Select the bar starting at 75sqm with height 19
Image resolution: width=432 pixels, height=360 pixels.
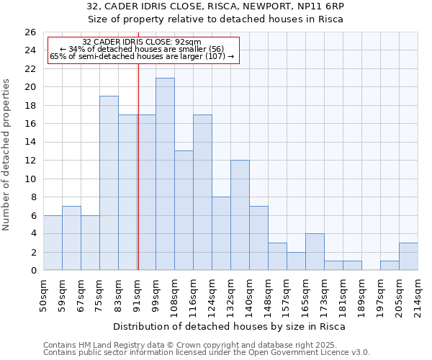pyautogui.click(x=109, y=183)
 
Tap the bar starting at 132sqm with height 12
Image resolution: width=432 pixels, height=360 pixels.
pyautogui.click(x=240, y=215)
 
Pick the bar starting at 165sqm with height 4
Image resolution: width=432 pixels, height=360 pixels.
pyautogui.click(x=315, y=252)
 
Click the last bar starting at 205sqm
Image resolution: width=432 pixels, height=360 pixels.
pyautogui.click(x=408, y=256)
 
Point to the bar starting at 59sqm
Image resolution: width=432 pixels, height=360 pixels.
pyautogui.click(x=71, y=238)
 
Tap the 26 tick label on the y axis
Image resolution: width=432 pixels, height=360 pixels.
pyautogui.click(x=30, y=32)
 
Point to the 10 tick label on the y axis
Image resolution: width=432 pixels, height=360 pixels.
pyautogui.click(x=30, y=179)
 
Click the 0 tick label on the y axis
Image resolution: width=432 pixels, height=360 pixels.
pyautogui.click(x=32, y=271)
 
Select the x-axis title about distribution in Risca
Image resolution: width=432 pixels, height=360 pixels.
pyautogui.click(x=230, y=326)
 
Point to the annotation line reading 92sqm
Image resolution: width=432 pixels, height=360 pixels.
pyautogui.click(x=142, y=42)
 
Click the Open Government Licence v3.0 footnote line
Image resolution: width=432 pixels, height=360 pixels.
pyautogui.click(x=207, y=353)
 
